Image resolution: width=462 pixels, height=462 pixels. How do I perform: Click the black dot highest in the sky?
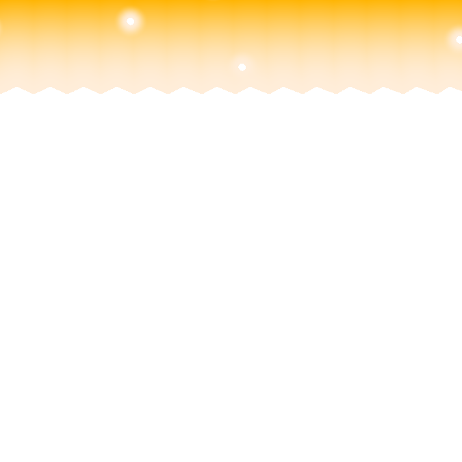coord(130,21)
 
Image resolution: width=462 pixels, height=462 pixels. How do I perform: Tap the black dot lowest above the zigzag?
coord(242,67)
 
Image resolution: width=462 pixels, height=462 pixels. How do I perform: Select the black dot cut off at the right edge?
coord(459,40)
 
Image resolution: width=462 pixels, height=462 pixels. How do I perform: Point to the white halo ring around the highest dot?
coord(130,12)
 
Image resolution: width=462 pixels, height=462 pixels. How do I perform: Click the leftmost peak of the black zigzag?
coord(16,87)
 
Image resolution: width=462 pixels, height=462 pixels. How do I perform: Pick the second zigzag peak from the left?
coord(50,87)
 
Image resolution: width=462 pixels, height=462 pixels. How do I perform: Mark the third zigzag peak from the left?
coord(84,87)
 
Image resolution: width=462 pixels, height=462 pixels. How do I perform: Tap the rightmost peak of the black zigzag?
coord(451,87)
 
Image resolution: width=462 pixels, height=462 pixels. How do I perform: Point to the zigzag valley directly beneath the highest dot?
coord(133,94)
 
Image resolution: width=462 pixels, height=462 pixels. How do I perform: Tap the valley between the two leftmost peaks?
coord(34,94)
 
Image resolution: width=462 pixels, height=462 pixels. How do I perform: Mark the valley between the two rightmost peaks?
coord(435,94)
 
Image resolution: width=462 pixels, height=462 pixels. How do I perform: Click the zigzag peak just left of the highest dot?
coord(116,87)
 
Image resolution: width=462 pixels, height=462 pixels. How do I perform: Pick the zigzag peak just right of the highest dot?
coord(150,87)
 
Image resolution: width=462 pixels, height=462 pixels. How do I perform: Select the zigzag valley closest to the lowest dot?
coord(234,94)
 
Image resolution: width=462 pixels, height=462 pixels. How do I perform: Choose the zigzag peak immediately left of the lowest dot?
coord(217,87)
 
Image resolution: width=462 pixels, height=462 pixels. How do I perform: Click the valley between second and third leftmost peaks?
coord(67,94)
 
